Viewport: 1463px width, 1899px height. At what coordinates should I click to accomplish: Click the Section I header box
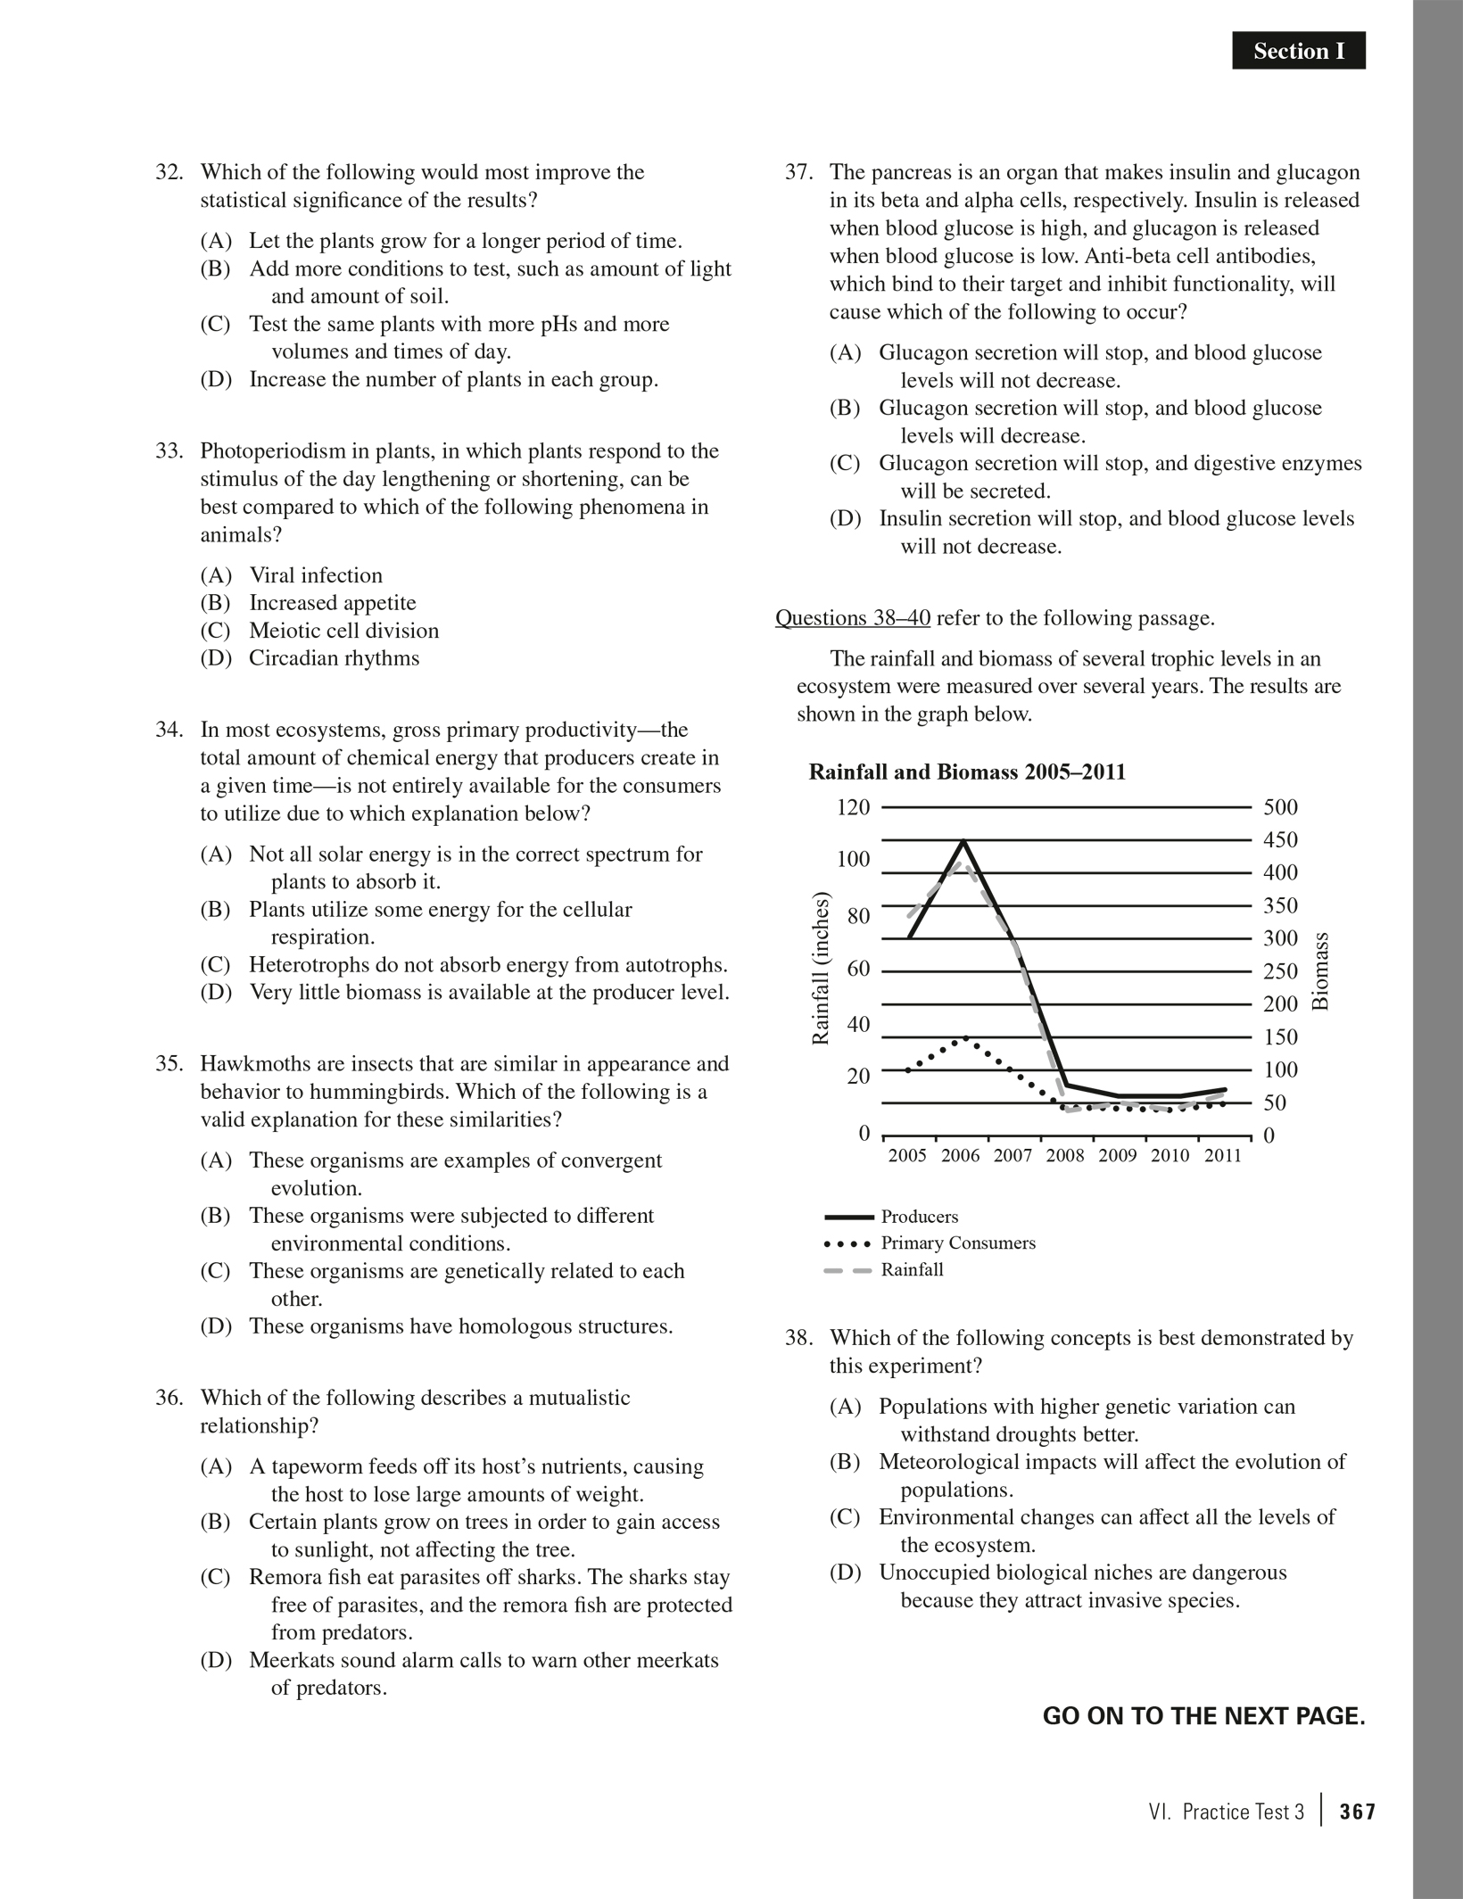[x=1298, y=52]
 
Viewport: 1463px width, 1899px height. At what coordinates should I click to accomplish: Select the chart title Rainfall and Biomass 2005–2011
[x=967, y=772]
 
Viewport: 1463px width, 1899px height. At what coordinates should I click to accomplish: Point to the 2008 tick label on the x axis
[x=1065, y=1156]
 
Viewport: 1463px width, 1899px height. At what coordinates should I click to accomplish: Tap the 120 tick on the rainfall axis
[x=853, y=807]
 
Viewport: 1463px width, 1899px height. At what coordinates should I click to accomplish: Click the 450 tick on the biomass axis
[x=1280, y=840]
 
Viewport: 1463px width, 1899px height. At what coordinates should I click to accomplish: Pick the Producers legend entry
[x=919, y=1217]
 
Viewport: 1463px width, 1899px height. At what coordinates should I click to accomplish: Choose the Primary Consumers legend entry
[x=957, y=1243]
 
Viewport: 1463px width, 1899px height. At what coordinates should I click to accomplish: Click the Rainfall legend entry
[x=912, y=1270]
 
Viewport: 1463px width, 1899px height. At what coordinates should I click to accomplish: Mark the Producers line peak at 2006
[x=963, y=840]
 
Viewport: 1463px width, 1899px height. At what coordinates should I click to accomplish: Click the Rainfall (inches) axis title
[x=821, y=969]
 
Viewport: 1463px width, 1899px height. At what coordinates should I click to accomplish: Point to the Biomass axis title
[x=1321, y=970]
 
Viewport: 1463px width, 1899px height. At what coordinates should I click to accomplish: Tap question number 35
[x=169, y=1064]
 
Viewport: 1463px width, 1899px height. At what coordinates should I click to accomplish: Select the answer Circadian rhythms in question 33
[x=334, y=658]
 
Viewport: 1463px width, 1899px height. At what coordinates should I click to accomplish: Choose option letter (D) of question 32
[x=216, y=380]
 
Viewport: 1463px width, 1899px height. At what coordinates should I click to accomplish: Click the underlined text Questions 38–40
[x=852, y=618]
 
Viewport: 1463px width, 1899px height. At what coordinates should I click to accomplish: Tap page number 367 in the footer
[x=1358, y=1812]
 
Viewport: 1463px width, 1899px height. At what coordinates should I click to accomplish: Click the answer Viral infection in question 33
[x=316, y=575]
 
